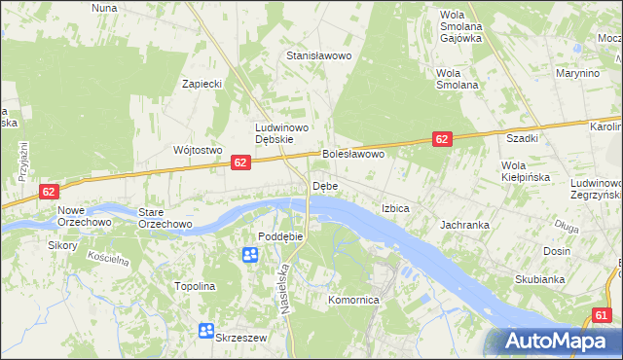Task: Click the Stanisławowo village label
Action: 317,56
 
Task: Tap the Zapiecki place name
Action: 202,84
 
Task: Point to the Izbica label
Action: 395,209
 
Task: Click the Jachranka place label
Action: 464,225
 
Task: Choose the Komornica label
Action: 353,301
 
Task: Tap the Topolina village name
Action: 194,287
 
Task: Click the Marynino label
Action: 576,73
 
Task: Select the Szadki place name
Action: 521,139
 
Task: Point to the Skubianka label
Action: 540,280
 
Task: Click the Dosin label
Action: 557,251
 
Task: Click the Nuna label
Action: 104,8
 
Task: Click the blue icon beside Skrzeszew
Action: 206,331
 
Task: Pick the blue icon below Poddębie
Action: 249,255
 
